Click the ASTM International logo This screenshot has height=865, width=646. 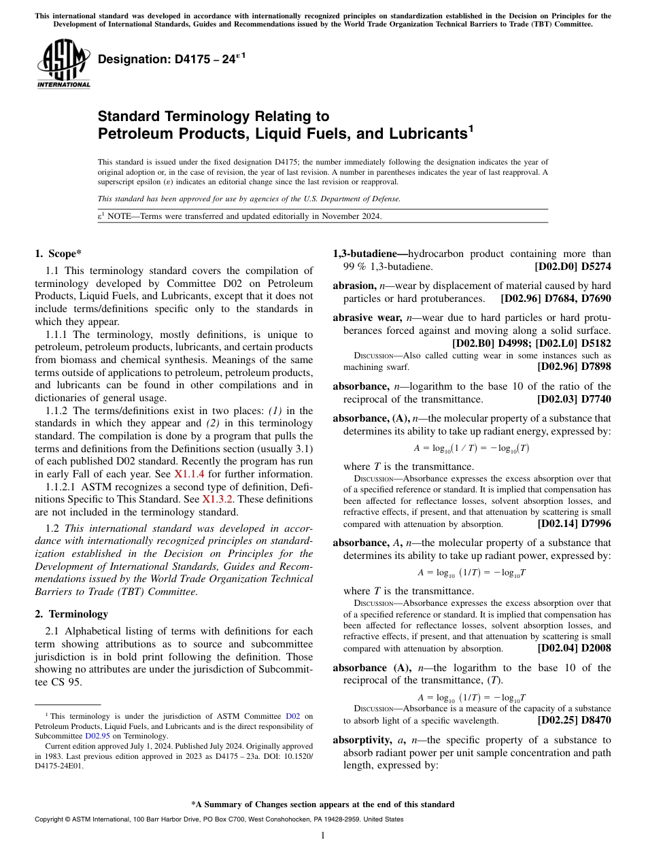(63, 63)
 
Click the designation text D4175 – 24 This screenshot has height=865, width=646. (171, 60)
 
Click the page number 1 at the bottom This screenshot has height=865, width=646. (323, 835)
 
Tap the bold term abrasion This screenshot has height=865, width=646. (353, 286)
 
